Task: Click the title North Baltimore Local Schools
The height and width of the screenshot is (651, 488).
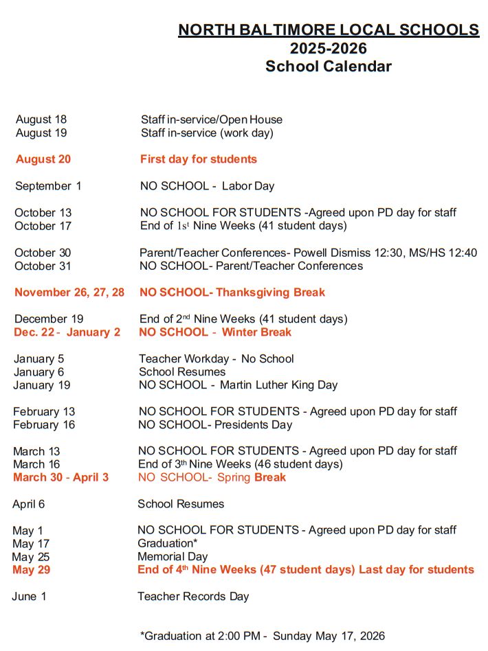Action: [x=329, y=30]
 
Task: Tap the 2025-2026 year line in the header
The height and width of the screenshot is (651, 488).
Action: [x=328, y=48]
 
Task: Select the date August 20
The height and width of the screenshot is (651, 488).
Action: [x=43, y=159]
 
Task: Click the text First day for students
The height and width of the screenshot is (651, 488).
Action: [x=199, y=159]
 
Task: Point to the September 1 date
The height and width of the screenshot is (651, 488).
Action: [x=48, y=186]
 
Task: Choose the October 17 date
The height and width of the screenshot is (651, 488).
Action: [x=43, y=226]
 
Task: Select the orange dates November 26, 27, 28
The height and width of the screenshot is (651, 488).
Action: [x=69, y=293]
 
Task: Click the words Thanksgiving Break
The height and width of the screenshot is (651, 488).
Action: [x=271, y=293]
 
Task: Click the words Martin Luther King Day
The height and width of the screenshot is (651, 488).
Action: [x=278, y=385]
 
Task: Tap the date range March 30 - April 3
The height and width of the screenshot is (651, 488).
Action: [x=60, y=477]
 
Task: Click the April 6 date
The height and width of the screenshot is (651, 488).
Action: [x=29, y=504]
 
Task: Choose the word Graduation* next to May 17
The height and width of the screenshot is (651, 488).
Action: [x=168, y=544]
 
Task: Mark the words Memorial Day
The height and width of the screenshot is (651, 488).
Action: [x=173, y=557]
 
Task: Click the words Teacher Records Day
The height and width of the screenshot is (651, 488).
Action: [x=193, y=597]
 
